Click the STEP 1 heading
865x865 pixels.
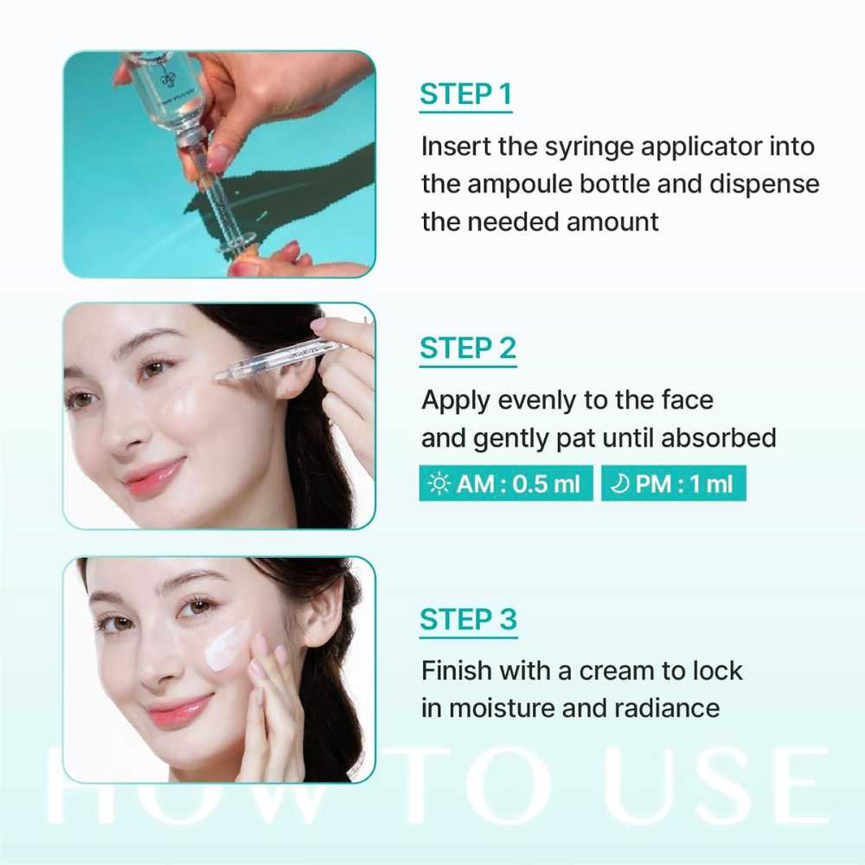(465, 93)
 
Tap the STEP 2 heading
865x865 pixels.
(468, 348)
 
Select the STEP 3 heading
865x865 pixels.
(468, 619)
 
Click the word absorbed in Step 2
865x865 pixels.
(718, 438)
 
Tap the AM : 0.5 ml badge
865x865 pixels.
(506, 484)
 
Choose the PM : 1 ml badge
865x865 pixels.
(673, 484)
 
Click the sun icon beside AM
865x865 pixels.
(439, 484)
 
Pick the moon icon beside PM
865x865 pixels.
(619, 484)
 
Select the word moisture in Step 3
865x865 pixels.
(501, 708)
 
